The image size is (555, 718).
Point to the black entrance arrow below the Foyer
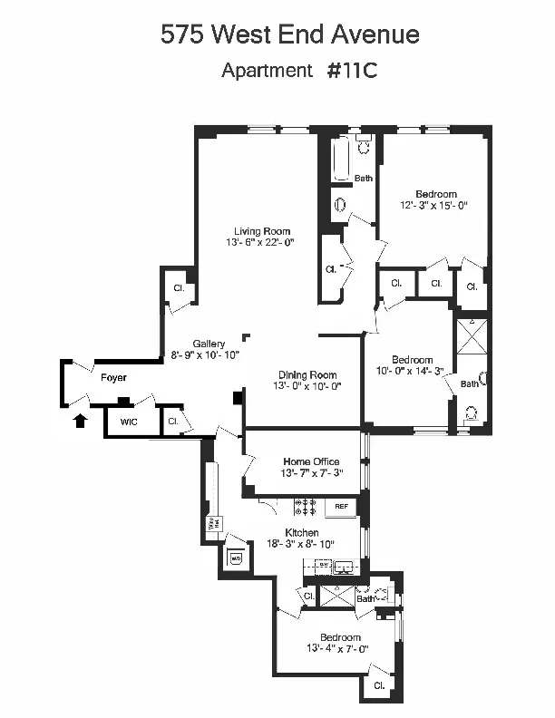pos(81,419)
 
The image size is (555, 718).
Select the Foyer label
pos(113,377)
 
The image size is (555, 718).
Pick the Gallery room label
pos(209,344)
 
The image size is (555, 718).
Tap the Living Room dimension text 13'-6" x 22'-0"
pos(260,243)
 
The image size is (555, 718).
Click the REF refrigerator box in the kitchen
pos(342,506)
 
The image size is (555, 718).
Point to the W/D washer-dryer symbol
pos(236,558)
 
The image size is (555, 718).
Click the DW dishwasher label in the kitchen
pos(322,565)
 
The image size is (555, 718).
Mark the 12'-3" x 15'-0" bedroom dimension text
pos(435,206)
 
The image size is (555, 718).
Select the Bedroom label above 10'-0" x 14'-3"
pos(411,359)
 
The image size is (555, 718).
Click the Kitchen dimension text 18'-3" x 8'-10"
pos(301,544)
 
